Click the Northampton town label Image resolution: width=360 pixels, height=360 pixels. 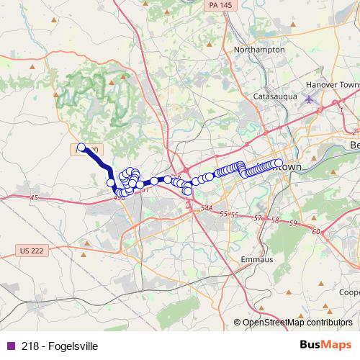coord(259,50)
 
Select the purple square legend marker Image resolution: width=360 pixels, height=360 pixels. coord(9,346)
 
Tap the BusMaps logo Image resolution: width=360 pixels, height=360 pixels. coord(325,345)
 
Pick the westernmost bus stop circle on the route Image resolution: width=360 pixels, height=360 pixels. coord(81,148)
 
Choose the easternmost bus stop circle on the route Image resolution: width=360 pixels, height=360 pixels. coord(279,163)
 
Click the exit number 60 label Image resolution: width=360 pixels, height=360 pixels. coord(317,231)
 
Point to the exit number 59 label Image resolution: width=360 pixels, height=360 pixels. coord(292,224)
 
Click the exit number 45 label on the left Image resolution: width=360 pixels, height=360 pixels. coord(34,197)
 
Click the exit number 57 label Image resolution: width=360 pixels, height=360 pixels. coord(258,217)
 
